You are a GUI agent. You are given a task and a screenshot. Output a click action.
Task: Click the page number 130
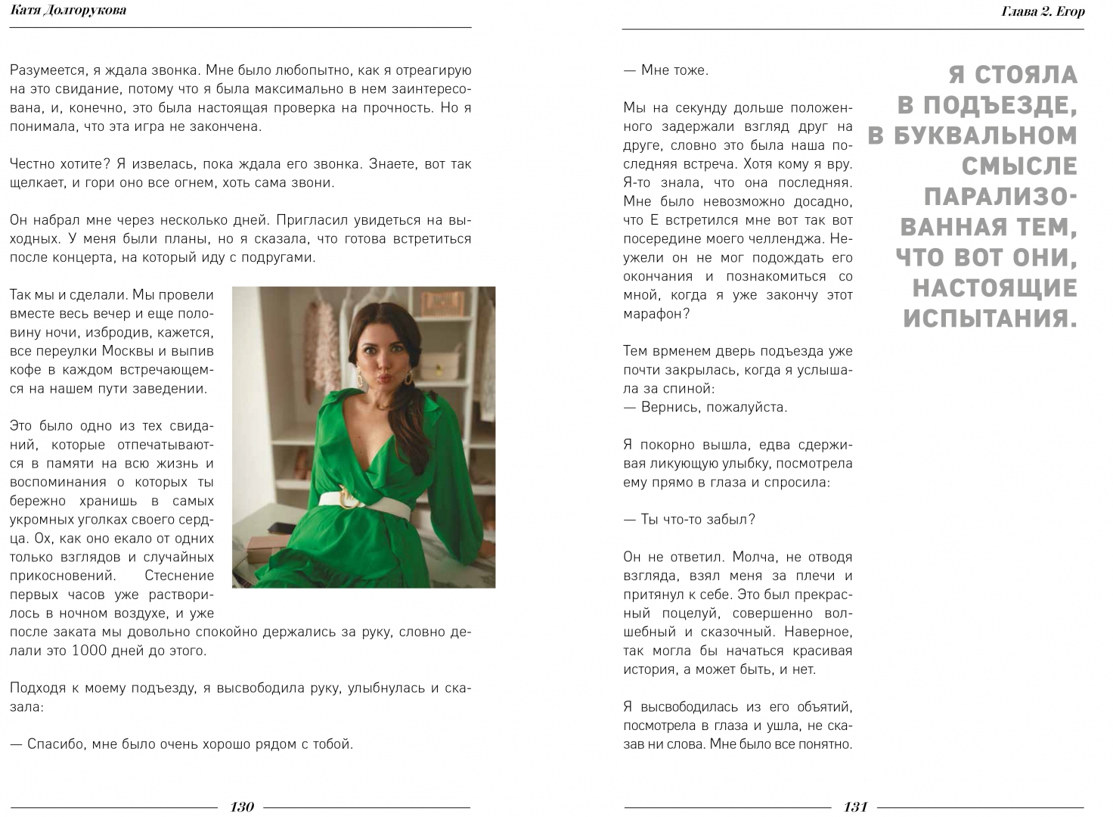click(x=242, y=806)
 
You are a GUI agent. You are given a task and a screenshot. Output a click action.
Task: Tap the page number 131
click(x=855, y=806)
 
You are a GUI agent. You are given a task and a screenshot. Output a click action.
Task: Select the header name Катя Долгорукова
click(x=69, y=10)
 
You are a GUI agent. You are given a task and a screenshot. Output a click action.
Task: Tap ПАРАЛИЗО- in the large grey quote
click(x=1000, y=197)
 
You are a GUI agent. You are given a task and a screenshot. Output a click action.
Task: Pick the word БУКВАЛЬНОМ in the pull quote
click(x=985, y=135)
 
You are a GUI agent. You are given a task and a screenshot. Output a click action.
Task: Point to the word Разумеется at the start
click(x=47, y=70)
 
